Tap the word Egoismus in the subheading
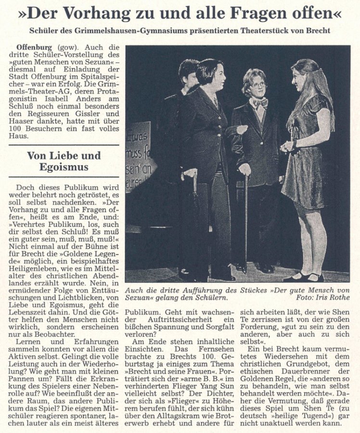click(64, 168)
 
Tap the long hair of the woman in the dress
click(320, 96)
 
